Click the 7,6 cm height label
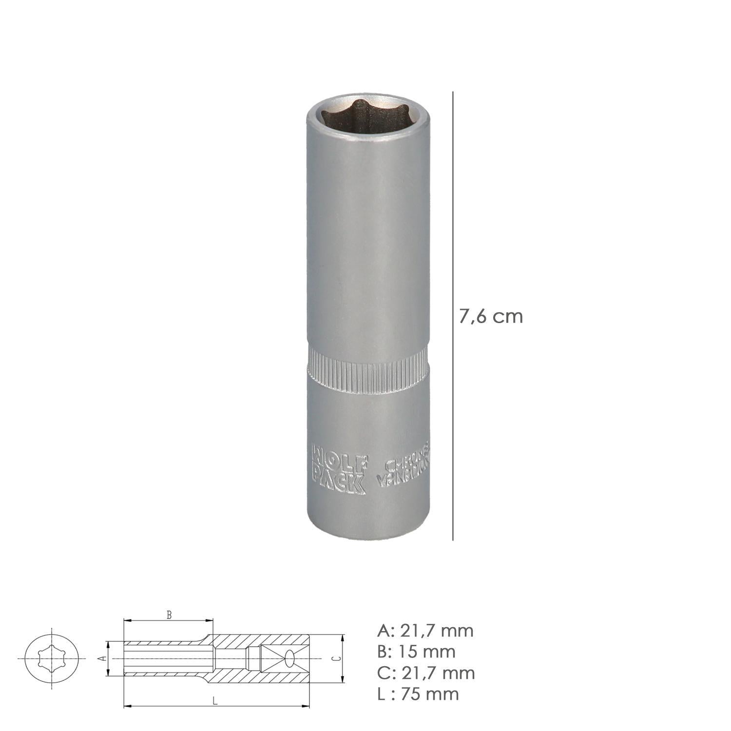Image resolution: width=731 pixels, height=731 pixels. (x=491, y=317)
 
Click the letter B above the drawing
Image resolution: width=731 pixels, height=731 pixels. (x=169, y=616)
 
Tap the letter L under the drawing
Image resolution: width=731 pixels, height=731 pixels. (x=214, y=701)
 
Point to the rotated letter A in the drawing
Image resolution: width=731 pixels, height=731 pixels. (x=101, y=658)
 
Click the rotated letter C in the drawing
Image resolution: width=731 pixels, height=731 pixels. (x=334, y=658)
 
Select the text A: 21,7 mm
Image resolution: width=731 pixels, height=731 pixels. (x=425, y=631)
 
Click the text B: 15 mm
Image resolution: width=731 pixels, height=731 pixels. (x=416, y=652)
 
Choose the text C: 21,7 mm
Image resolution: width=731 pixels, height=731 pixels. (x=426, y=673)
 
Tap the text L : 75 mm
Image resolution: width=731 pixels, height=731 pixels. (x=418, y=693)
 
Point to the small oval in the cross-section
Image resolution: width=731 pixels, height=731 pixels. (x=290, y=658)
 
